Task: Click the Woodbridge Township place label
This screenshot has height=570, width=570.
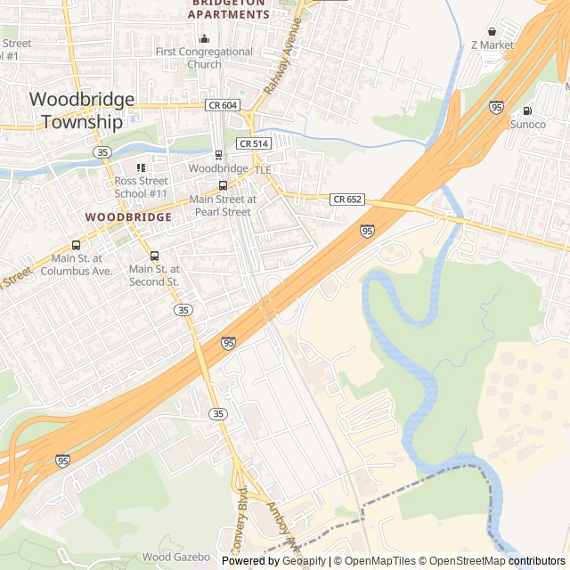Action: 82,110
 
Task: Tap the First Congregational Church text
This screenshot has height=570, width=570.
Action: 204,58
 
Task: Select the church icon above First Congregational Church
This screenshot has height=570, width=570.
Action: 204,38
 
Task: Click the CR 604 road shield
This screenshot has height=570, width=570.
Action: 222,105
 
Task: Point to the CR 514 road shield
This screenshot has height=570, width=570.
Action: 253,143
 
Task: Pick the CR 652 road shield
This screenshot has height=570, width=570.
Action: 346,199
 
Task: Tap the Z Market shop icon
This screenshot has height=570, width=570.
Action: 492,31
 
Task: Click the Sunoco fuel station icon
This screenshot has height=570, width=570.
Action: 527,111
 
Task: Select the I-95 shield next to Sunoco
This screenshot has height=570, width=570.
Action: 496,107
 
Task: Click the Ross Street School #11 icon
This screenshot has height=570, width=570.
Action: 140,168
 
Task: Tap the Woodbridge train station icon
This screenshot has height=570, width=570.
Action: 218,155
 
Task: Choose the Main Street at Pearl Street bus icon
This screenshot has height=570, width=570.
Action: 223,186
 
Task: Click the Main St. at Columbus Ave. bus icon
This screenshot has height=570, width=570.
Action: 76,246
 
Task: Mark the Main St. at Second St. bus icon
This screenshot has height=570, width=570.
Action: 154,256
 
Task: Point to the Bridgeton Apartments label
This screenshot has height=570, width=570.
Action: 228,9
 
